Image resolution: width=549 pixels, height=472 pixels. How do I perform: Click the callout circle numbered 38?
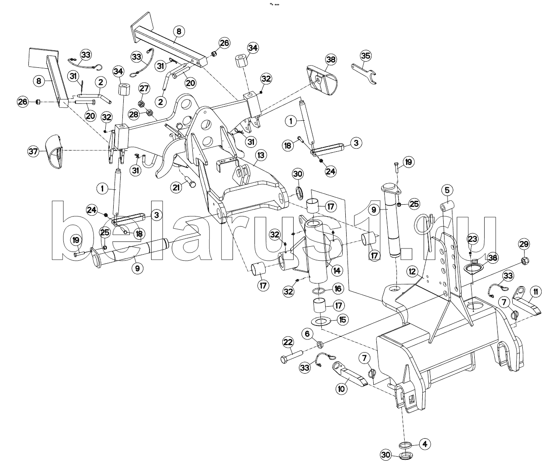click(331, 59)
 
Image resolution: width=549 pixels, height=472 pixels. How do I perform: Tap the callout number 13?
click(261, 155)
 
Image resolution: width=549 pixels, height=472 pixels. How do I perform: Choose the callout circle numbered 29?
click(524, 244)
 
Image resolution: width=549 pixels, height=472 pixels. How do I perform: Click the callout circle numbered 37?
click(33, 151)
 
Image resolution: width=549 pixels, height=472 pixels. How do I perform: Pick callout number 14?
click(336, 271)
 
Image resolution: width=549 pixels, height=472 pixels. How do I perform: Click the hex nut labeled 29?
click(525, 261)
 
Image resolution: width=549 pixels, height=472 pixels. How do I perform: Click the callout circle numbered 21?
click(177, 188)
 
